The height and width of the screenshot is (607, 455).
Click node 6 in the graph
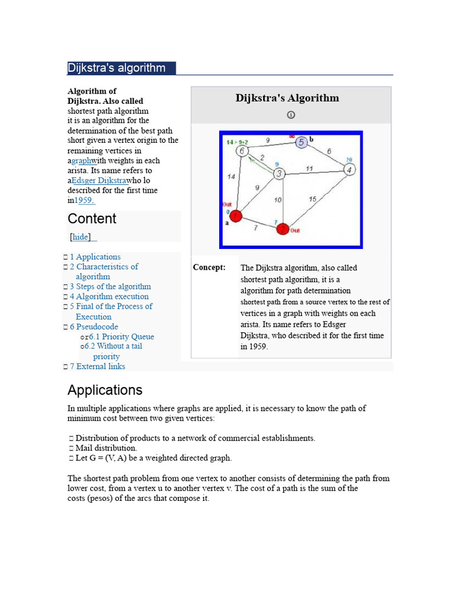[x=242, y=151]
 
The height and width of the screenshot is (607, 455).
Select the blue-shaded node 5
[x=301, y=142]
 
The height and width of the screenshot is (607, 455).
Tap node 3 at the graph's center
[x=279, y=173]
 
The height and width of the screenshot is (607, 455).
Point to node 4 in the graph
[x=350, y=170]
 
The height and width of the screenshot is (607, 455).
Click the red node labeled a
[x=236, y=217]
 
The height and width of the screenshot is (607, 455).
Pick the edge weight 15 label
[x=312, y=199]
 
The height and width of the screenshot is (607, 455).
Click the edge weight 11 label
[x=309, y=168]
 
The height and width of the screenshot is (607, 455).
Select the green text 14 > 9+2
[x=238, y=142]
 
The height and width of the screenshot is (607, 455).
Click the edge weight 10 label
[x=278, y=200]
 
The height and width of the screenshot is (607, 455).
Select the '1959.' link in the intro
[x=84, y=201]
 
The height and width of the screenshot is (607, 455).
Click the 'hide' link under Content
[x=81, y=237]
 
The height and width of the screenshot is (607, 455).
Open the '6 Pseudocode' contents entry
[x=94, y=327]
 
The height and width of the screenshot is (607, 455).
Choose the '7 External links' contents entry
[x=97, y=366]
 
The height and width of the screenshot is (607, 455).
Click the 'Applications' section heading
[x=105, y=390]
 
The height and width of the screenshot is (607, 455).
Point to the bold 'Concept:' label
[x=209, y=267]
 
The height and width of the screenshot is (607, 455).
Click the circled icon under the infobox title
[x=291, y=115]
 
